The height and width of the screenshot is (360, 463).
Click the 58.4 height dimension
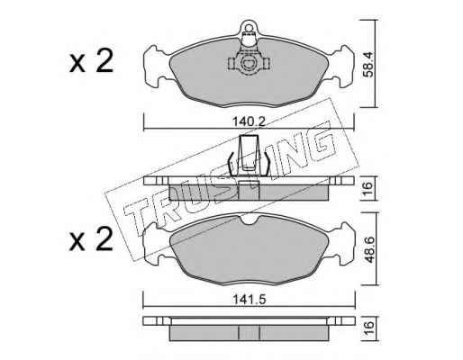368,65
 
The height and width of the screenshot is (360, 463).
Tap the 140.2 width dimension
250,121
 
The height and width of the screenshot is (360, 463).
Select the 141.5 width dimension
250,299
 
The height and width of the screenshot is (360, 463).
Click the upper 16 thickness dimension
368,188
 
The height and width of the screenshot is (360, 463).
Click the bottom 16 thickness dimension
368,328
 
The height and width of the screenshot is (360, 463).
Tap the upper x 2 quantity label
91,61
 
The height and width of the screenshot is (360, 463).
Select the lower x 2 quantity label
91,239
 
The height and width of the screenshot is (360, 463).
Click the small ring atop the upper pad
249,28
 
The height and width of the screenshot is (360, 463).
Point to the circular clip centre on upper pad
249,63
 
